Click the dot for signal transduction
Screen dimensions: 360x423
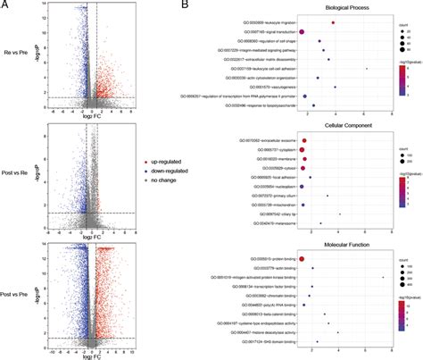[x=303, y=32]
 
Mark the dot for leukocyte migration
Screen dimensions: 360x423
[x=333, y=22]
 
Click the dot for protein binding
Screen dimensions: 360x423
[x=303, y=258]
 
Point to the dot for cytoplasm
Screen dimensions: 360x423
[x=305, y=150]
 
